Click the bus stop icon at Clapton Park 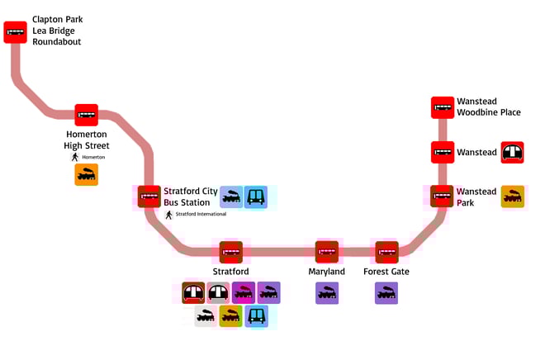tap(15, 32)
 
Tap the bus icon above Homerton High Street tap(87, 115)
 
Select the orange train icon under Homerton tap(87, 174)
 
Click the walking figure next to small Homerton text tap(74, 157)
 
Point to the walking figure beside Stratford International tap(169, 214)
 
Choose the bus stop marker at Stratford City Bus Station tap(149, 197)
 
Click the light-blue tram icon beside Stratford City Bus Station tap(256, 197)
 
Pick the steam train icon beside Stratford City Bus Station tap(231, 197)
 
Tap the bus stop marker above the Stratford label tap(230, 252)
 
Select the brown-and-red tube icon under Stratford tap(193, 292)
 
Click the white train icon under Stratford tap(206, 316)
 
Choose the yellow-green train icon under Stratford tap(230, 316)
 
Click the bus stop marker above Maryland tap(327, 252)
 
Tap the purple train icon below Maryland tap(327, 292)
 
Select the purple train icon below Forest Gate tap(386, 292)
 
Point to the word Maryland tap(327, 272)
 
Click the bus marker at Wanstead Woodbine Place tap(443, 107)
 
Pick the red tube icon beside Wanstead tap(513, 152)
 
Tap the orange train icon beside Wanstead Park tap(513, 197)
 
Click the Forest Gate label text tap(386, 272)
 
